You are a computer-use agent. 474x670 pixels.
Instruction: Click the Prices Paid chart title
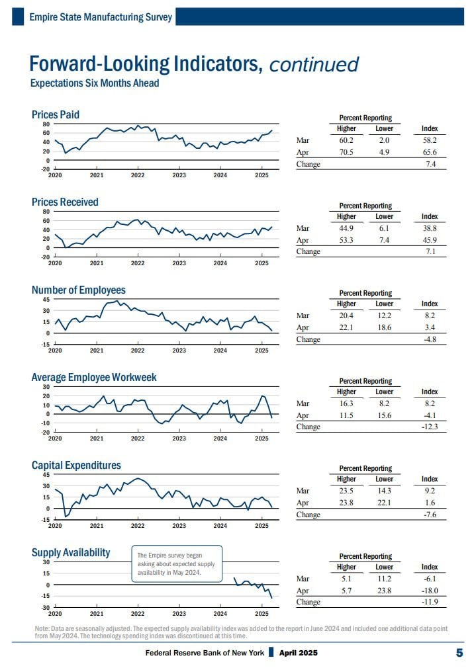(56, 115)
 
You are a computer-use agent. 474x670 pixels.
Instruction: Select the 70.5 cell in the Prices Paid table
(346, 152)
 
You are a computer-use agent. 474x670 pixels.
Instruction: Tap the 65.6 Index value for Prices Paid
(429, 152)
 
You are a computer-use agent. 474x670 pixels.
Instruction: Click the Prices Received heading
(65, 202)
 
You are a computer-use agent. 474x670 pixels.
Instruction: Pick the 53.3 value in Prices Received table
(346, 240)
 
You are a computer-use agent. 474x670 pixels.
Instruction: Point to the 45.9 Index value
(429, 240)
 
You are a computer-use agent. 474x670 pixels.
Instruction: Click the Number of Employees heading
(78, 290)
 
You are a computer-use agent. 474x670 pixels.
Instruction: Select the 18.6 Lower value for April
(384, 327)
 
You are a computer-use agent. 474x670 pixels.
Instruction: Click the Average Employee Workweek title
(94, 378)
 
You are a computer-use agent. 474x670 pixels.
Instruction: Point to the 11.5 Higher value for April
(346, 415)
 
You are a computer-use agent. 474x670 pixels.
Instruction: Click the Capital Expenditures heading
(76, 466)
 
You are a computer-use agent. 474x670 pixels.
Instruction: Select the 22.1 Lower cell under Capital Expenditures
(384, 503)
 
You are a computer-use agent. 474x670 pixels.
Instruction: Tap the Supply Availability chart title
(71, 553)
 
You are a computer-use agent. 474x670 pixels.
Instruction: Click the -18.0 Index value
(428, 591)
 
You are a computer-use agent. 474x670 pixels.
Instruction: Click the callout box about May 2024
(177, 564)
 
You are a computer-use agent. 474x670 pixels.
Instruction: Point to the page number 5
(459, 653)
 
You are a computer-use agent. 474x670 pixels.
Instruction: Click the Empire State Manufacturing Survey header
(101, 17)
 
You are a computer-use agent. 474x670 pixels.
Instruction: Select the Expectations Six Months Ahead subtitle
(95, 83)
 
